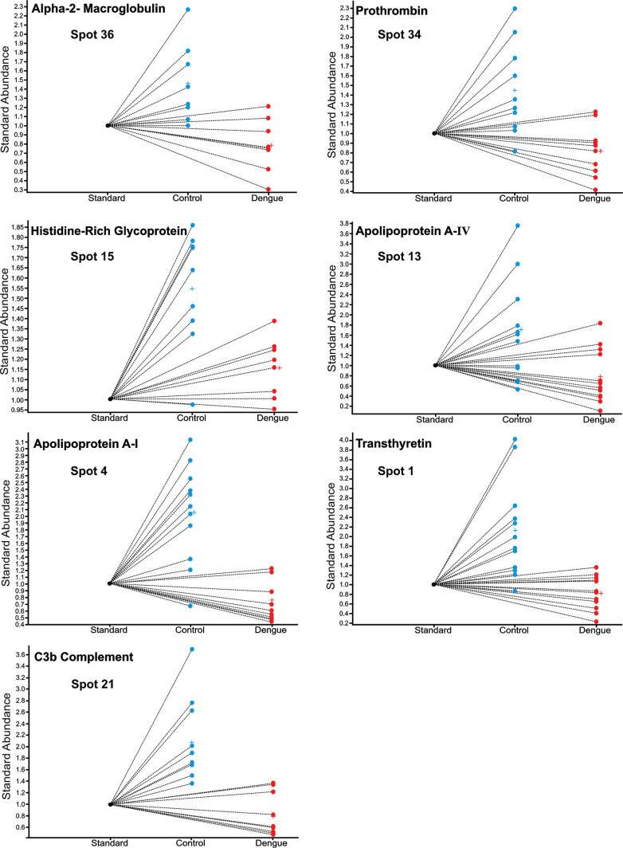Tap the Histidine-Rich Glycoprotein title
point(109,230)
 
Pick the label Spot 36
point(92,37)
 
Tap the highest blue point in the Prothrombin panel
point(515,9)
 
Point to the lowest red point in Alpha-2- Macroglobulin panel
point(268,190)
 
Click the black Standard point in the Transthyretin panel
point(434,584)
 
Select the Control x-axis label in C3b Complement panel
point(190,842)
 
